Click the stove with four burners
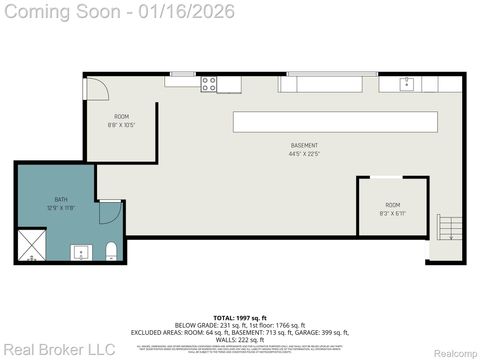[209, 84]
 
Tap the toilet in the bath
[113, 249]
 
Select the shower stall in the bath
[31, 246]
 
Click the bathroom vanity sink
[80, 251]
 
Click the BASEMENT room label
[305, 145]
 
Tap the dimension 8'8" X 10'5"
[120, 125]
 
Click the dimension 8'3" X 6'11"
[392, 212]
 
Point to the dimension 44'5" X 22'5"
[305, 153]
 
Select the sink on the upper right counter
[407, 84]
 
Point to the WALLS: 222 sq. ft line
[240, 340]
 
